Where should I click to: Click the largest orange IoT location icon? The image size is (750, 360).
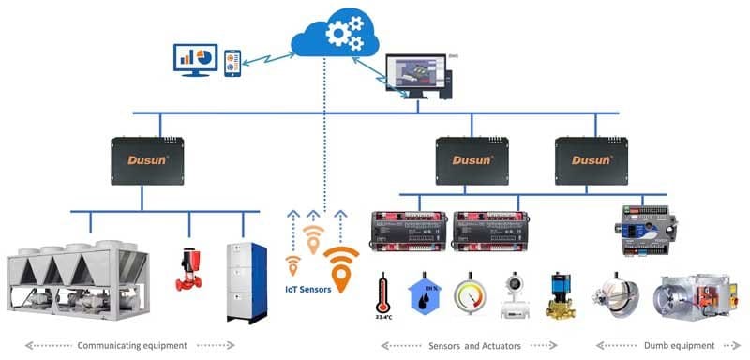(x=340, y=268)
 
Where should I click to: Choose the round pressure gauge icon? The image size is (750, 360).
(x=471, y=293)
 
